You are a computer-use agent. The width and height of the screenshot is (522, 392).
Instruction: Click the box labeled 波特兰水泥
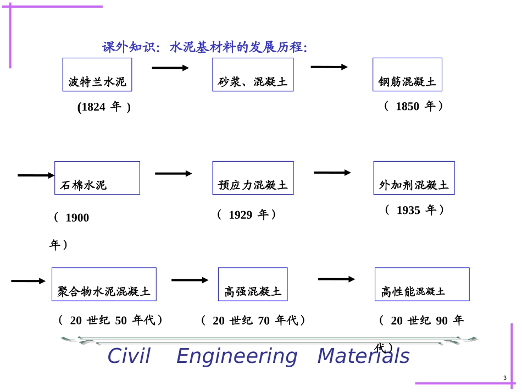(x=97, y=75)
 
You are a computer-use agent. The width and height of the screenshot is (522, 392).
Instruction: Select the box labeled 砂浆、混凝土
(x=253, y=75)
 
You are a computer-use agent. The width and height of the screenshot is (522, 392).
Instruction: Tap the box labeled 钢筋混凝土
(x=407, y=75)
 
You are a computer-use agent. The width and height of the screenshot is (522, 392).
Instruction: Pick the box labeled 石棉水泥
(x=97, y=178)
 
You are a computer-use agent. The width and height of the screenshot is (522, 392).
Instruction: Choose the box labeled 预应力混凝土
(x=253, y=178)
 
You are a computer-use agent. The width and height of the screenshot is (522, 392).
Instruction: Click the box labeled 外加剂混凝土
(x=414, y=178)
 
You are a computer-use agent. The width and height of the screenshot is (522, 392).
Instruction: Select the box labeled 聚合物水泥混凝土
(x=104, y=284)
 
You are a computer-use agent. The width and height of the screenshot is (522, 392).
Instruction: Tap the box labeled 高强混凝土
(x=252, y=284)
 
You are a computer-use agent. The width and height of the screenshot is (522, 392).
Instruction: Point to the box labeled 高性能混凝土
(x=421, y=284)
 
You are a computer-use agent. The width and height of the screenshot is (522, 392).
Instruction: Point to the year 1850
(x=407, y=107)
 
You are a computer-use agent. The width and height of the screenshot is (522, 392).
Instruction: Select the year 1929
(x=240, y=215)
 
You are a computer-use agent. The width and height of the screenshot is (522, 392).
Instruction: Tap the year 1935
(x=408, y=210)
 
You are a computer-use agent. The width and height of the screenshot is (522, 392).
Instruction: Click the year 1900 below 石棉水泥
(x=77, y=218)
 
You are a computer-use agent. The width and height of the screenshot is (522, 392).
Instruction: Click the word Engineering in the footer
(x=236, y=356)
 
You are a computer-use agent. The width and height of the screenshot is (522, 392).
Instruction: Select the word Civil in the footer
(x=129, y=356)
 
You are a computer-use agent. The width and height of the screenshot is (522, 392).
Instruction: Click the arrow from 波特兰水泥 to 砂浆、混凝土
(x=170, y=68)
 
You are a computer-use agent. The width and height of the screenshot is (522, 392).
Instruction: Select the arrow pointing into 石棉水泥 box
(x=36, y=175)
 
